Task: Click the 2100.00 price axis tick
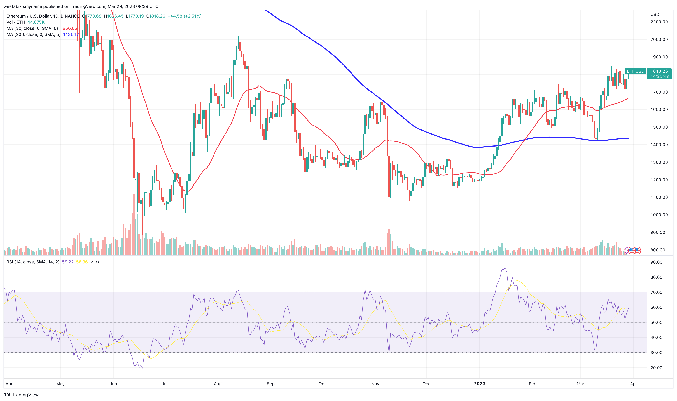[x=659, y=22]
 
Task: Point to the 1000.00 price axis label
[x=659, y=215]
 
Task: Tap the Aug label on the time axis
[x=218, y=384]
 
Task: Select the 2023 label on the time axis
[x=479, y=384]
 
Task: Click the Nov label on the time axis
[x=375, y=384]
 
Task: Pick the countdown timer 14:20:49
[x=660, y=76]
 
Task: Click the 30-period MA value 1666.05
[x=69, y=28]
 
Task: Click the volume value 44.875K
[x=36, y=22]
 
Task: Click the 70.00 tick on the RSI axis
[x=656, y=292]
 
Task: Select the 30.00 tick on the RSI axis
[x=656, y=353]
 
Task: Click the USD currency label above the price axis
[x=655, y=15]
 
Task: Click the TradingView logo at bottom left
[x=21, y=395]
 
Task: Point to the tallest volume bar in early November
[x=389, y=242]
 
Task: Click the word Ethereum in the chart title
[x=16, y=16]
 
